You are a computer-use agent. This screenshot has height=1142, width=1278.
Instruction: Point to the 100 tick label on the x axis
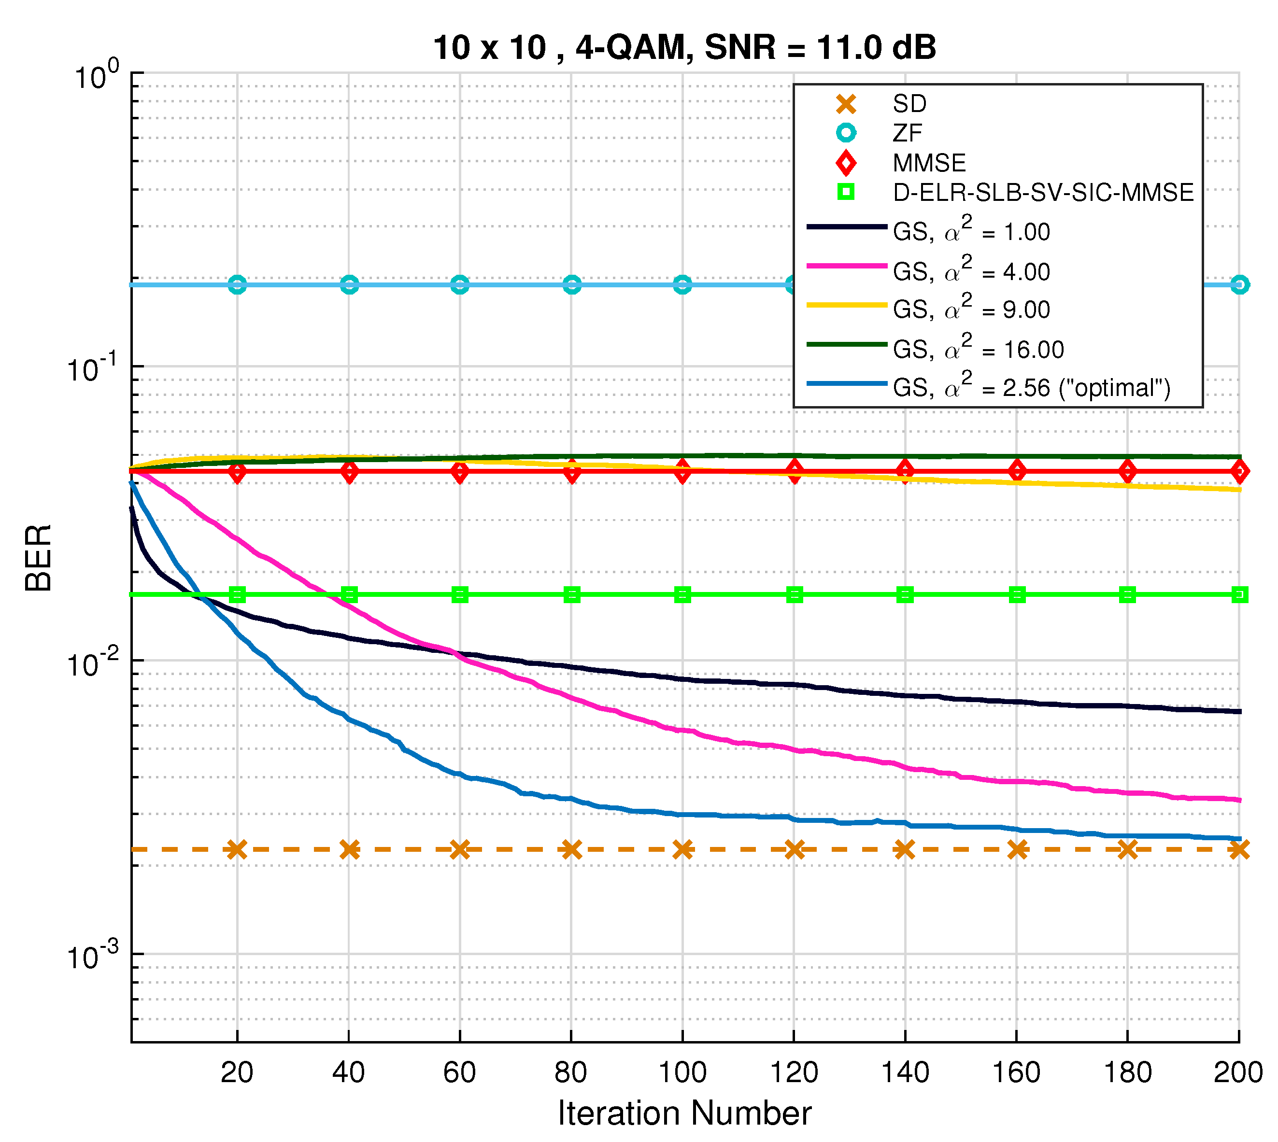click(x=682, y=1072)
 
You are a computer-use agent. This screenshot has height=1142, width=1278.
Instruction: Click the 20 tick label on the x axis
click(x=237, y=1072)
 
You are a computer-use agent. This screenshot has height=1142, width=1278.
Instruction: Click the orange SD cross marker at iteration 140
click(x=905, y=850)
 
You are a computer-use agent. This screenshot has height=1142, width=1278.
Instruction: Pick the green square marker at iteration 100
click(x=682, y=594)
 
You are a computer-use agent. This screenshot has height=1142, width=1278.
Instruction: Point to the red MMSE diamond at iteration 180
click(x=1127, y=471)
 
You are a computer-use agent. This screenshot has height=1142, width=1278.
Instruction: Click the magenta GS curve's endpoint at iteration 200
click(x=1238, y=800)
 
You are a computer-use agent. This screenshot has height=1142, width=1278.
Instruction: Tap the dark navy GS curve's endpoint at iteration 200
click(x=1238, y=712)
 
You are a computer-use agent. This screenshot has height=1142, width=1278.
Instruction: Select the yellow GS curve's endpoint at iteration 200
click(x=1238, y=490)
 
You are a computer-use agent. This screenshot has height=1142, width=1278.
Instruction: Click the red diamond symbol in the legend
click(x=846, y=163)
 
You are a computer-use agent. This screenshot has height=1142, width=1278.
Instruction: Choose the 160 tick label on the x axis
click(x=1016, y=1072)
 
